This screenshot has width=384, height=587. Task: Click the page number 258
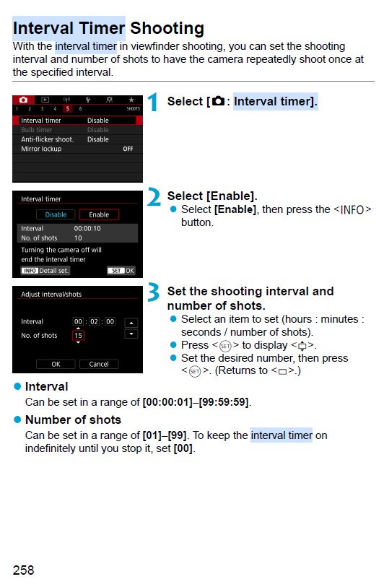[x=23, y=570]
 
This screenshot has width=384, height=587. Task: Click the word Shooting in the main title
[x=165, y=29]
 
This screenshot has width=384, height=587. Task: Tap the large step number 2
[x=154, y=197]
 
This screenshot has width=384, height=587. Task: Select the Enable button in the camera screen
[x=99, y=214]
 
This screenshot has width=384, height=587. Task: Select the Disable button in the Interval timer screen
[x=56, y=214]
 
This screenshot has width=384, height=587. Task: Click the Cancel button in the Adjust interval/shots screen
[x=99, y=364]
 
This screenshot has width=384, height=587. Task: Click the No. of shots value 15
[x=78, y=335]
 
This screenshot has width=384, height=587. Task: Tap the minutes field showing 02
[x=94, y=321]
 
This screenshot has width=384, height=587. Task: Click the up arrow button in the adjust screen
[x=131, y=322]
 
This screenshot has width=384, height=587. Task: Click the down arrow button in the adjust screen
[x=131, y=334]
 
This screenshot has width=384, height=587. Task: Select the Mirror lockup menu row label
[x=41, y=149]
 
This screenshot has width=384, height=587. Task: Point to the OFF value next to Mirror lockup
[x=128, y=149]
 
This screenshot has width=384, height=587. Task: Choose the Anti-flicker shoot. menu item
[x=47, y=139]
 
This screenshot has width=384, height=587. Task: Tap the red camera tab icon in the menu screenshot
[x=23, y=99]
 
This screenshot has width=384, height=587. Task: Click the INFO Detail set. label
[x=45, y=271]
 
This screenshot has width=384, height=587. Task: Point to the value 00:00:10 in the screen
[x=87, y=228]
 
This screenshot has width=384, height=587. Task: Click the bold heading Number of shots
[x=73, y=419]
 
